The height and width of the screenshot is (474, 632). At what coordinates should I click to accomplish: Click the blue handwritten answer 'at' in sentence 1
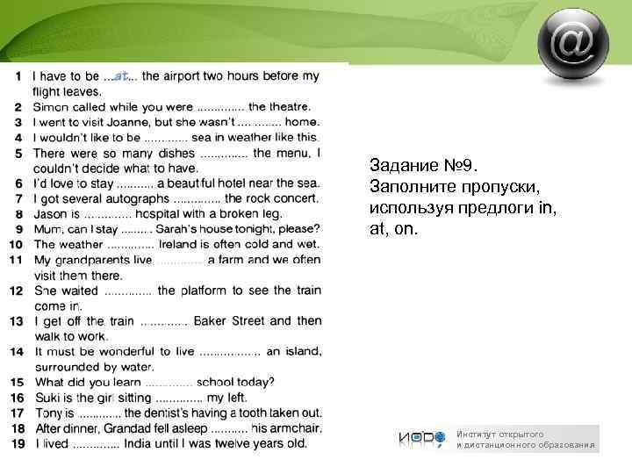click(122, 75)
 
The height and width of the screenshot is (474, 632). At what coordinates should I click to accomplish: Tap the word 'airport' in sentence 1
click(185, 76)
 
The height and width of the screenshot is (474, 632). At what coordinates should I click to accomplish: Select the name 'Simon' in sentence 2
click(52, 107)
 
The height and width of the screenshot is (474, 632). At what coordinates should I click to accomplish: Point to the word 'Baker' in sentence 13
click(211, 321)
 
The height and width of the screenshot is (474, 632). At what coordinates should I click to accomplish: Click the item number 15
click(17, 383)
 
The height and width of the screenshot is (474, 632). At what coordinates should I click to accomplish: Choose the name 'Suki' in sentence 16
click(48, 398)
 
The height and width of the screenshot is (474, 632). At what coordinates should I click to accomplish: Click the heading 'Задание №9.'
click(423, 166)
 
